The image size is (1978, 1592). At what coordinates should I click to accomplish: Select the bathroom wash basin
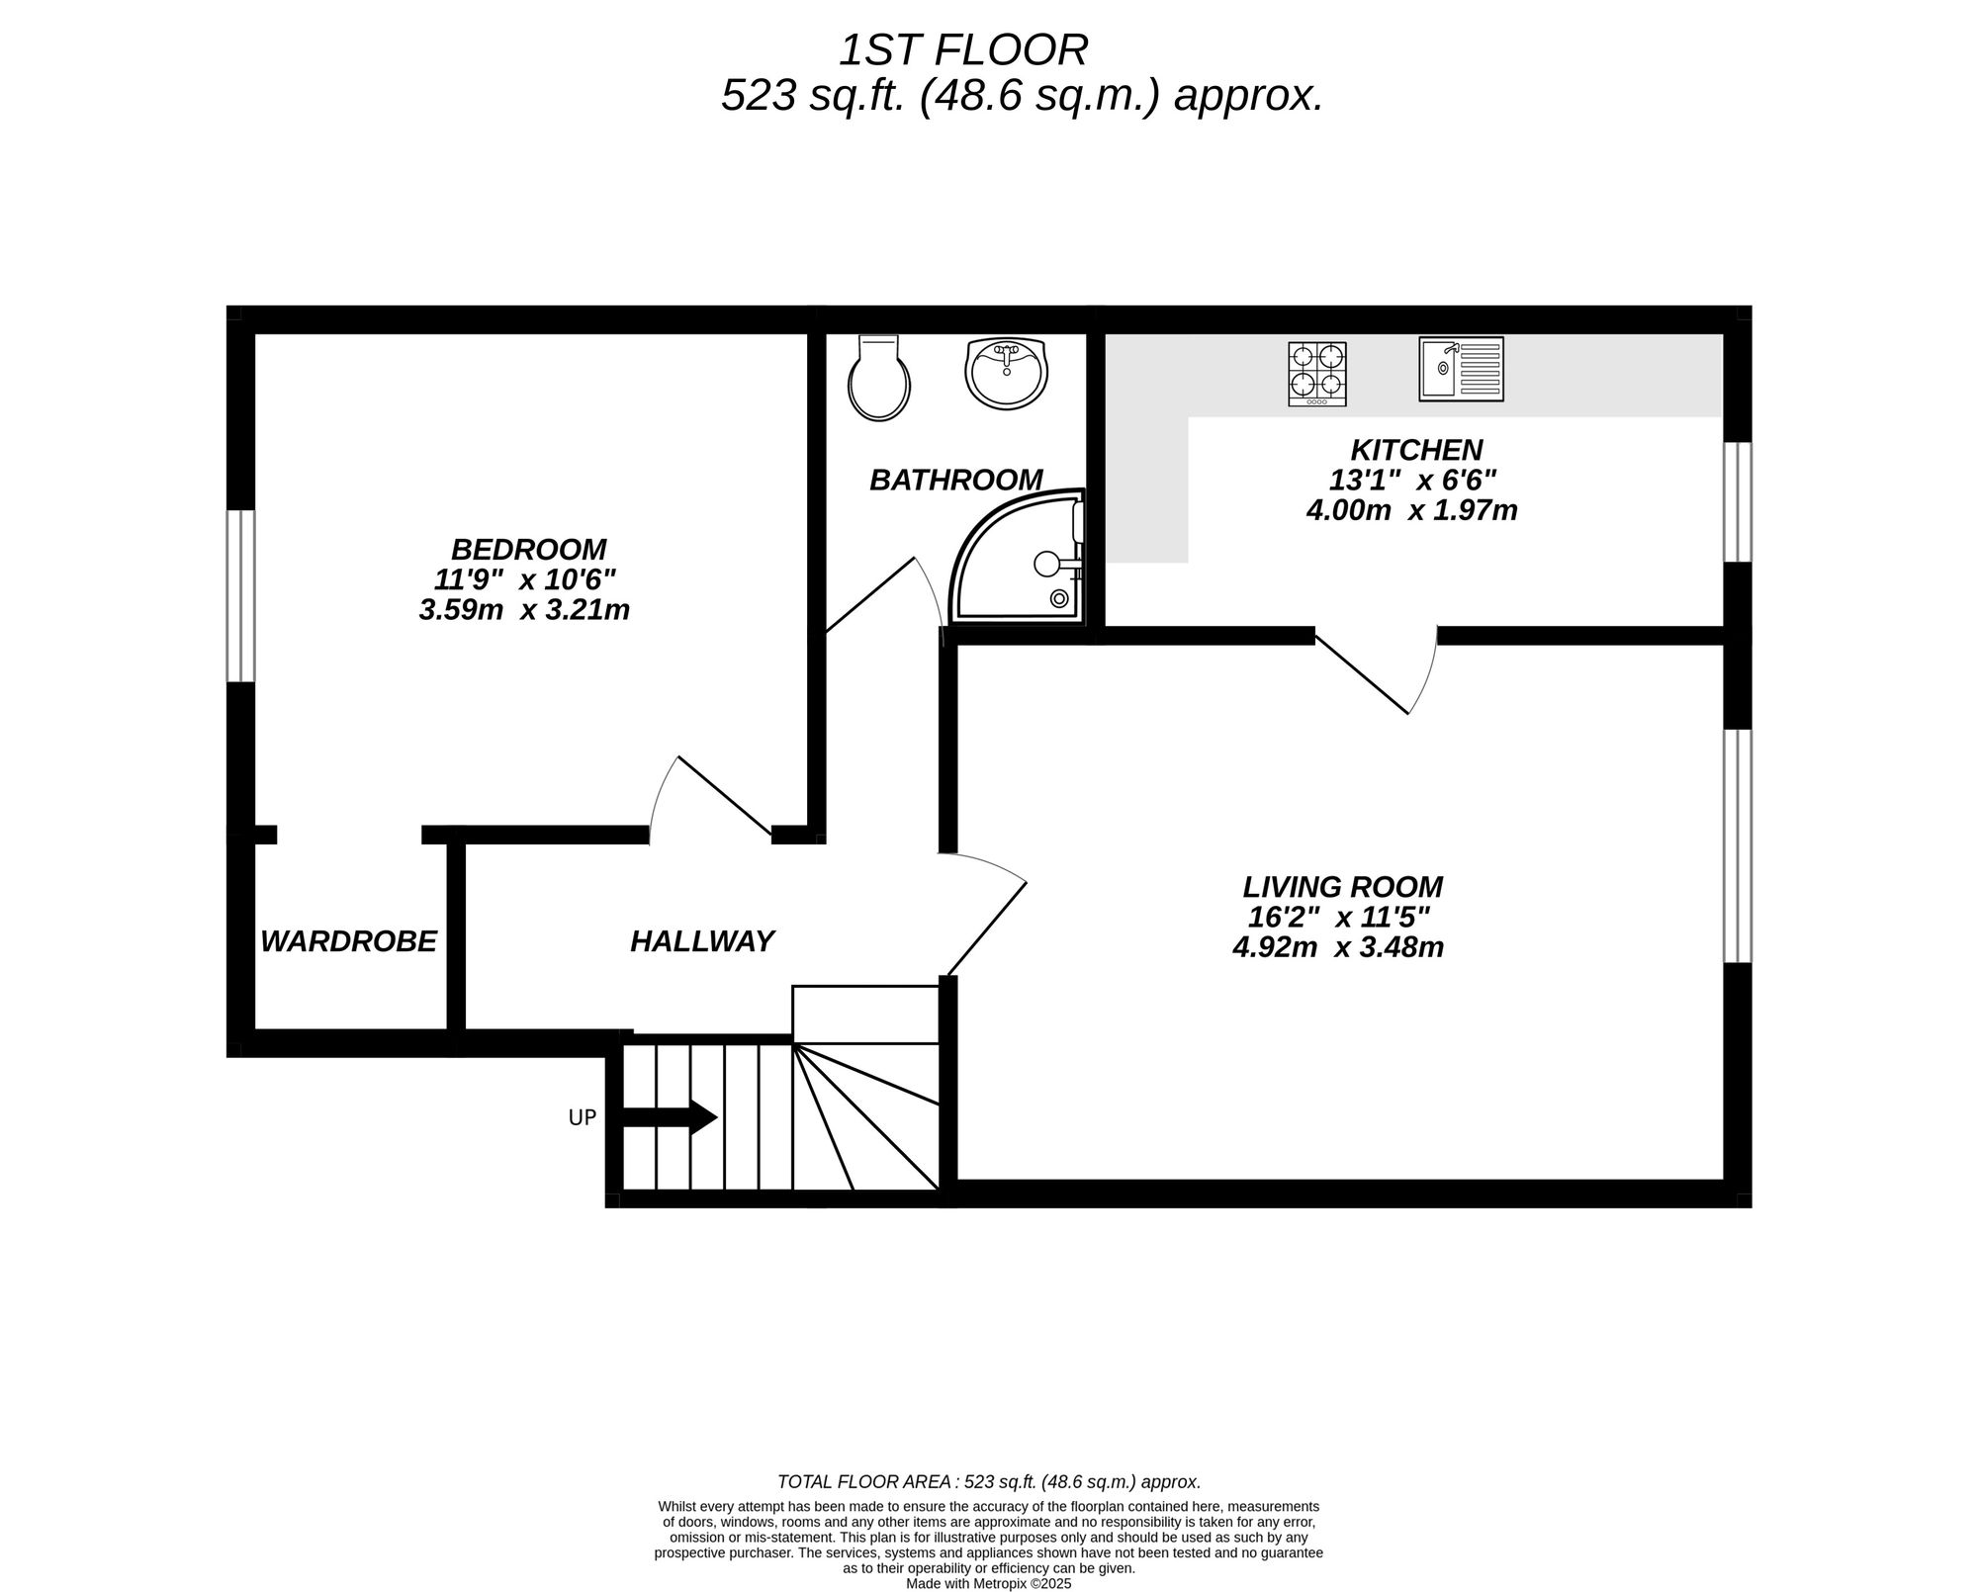[1006, 373]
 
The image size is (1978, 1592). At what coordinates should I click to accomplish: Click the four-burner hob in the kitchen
[1316, 374]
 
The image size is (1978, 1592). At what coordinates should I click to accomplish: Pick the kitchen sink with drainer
[1461, 369]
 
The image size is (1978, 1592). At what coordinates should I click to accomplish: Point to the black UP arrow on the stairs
[669, 1117]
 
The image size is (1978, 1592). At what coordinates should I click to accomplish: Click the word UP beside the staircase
[582, 1118]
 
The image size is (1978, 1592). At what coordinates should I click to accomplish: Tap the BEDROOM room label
[528, 549]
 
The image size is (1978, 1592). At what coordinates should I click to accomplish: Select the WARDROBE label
[348, 941]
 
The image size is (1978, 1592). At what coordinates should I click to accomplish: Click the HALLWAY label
[702, 941]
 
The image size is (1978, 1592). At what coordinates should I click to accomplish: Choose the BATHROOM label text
[955, 480]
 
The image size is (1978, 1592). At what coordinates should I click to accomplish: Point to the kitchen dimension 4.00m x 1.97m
[1411, 511]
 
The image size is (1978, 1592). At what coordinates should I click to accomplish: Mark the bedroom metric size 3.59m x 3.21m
[524, 610]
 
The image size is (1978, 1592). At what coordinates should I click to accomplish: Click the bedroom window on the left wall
[240, 595]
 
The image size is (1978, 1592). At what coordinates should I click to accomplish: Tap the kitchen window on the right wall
[1738, 502]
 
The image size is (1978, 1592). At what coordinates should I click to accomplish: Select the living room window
[1738, 845]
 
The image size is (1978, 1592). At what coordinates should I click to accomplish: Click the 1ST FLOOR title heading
[963, 49]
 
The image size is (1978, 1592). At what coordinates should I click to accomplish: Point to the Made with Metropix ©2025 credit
[988, 1583]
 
